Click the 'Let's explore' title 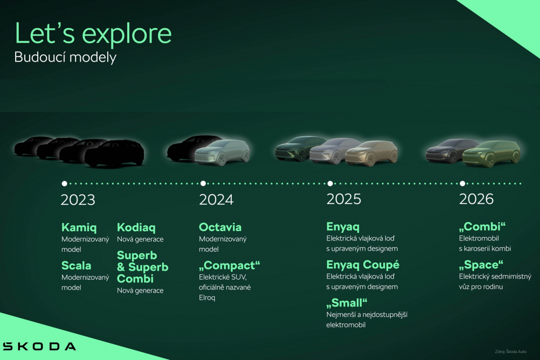click(x=93, y=33)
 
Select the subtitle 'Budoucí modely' click(x=65, y=57)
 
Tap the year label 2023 click(x=78, y=200)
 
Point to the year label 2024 click(x=216, y=199)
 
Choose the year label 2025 click(x=344, y=199)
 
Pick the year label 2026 click(x=476, y=199)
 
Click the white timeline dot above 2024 click(x=203, y=184)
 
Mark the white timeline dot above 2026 click(x=462, y=184)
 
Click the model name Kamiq click(x=79, y=228)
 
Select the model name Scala click(x=76, y=266)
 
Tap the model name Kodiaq click(x=136, y=228)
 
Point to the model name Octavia click(x=220, y=227)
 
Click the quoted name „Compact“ click(x=230, y=266)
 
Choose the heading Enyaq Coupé click(x=363, y=265)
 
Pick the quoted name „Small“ click(x=347, y=303)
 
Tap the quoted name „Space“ click(x=481, y=265)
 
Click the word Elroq click(x=207, y=297)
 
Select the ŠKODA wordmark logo click(x=39, y=346)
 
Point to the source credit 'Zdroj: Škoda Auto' click(x=511, y=352)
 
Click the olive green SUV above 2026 click(x=491, y=154)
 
